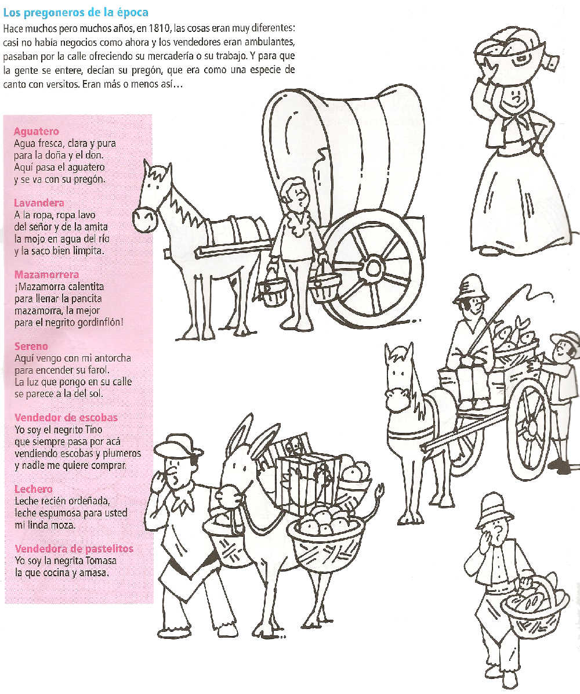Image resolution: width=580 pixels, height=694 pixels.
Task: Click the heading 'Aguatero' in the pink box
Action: coord(36,132)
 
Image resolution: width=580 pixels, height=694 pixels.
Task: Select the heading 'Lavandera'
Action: coord(39,203)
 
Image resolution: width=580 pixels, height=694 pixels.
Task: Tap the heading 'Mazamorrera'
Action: coord(46,274)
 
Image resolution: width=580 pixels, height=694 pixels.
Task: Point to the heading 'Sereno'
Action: coord(31,346)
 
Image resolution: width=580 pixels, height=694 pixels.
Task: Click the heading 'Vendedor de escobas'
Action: coord(66,418)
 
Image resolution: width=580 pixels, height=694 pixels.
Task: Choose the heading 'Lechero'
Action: coord(33,489)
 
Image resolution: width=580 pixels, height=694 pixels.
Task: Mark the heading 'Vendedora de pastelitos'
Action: coord(74,549)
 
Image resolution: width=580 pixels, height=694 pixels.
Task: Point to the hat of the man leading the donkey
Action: coord(177,447)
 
